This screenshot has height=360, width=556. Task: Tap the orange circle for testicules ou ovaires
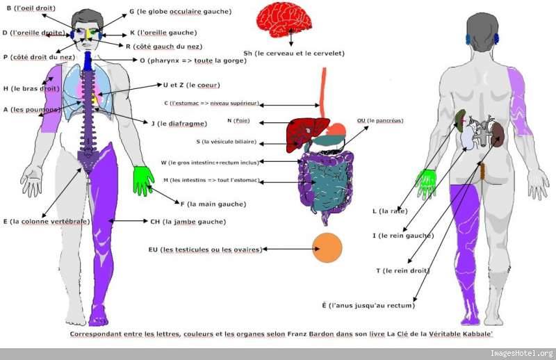click(327, 248)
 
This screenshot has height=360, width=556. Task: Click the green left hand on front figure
click(143, 179)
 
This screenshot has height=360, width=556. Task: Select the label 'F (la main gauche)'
click(213, 204)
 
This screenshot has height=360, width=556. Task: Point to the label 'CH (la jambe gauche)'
click(188, 222)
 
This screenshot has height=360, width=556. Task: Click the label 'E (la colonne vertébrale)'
click(46, 222)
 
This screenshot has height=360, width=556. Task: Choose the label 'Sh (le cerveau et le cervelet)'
click(293, 53)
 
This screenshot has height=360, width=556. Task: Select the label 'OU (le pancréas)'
click(379, 120)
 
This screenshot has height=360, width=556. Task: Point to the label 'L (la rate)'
click(390, 211)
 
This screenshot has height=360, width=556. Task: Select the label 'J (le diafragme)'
click(179, 124)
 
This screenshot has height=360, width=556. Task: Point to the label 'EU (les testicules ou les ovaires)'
click(205, 249)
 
